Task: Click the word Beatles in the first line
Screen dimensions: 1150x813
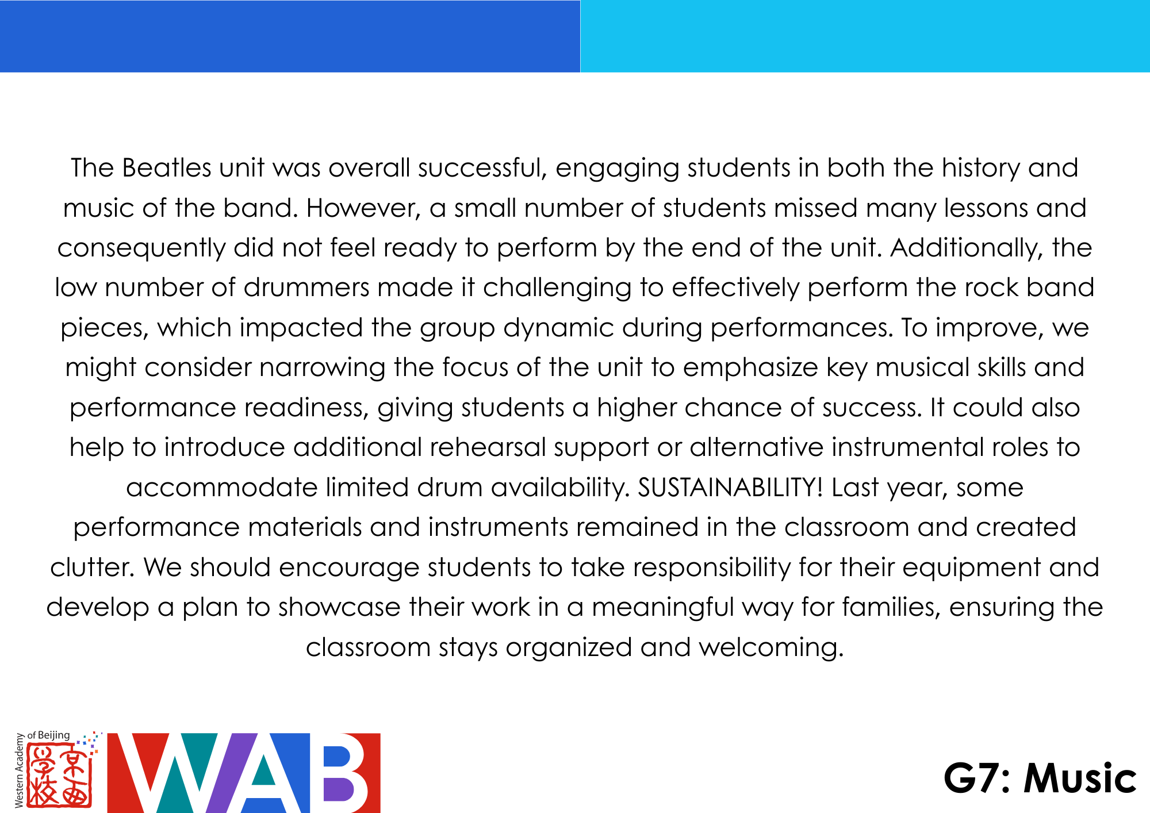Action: pyautogui.click(x=167, y=168)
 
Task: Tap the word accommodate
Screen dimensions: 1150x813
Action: pyautogui.click(x=222, y=488)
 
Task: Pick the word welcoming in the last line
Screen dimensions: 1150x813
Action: pyautogui.click(x=771, y=648)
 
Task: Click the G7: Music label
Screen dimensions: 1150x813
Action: pyautogui.click(x=1040, y=779)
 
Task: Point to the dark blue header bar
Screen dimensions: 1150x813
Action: pyautogui.click(x=290, y=36)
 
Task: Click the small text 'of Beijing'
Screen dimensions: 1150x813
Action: pyautogui.click(x=49, y=735)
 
